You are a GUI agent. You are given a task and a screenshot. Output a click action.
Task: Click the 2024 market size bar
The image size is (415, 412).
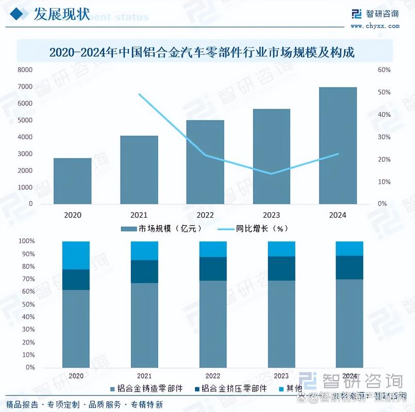[338, 146]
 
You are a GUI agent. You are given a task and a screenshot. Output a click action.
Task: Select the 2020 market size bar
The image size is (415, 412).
[72, 181]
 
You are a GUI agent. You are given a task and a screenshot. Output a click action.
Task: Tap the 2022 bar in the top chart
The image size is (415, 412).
[205, 162]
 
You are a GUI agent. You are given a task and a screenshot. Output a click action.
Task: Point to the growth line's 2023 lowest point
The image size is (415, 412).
[271, 174]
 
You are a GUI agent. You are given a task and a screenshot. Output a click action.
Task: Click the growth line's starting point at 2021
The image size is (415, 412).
[139, 94]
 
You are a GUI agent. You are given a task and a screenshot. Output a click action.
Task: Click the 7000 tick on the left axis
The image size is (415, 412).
[25, 87]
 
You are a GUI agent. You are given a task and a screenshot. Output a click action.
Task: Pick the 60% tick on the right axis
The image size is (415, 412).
[384, 70]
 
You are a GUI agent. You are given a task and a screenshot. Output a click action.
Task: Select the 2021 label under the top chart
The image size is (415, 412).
[139, 215]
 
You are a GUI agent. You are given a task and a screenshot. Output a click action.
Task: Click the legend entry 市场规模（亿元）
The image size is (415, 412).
[161, 228]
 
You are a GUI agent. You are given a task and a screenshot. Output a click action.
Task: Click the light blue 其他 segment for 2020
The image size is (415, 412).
[76, 255]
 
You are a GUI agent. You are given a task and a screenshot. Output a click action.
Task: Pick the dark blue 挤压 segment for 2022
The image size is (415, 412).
[213, 268]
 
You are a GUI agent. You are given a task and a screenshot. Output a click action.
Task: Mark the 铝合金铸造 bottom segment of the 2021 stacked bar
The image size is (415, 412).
[144, 324]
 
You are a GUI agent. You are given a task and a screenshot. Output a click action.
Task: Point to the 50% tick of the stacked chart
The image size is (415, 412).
[26, 304]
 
